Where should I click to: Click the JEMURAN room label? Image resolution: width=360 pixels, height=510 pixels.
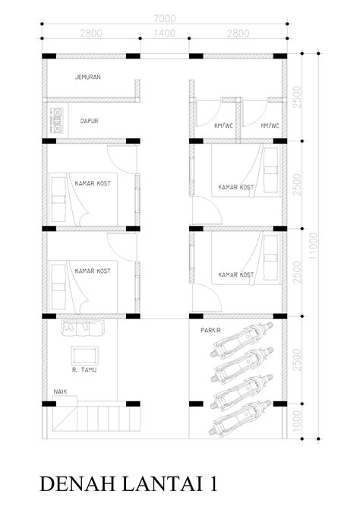click(x=88, y=78)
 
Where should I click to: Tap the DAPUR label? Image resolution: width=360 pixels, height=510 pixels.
click(x=88, y=120)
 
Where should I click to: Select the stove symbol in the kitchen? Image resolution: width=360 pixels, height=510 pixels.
click(x=56, y=120)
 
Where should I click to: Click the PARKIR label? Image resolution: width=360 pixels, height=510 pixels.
click(x=211, y=331)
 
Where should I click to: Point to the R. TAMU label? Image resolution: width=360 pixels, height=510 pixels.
click(x=84, y=370)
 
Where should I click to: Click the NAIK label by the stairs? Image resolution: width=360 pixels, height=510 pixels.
click(x=60, y=391)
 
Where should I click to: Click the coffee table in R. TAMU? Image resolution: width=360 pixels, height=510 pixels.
click(x=84, y=353)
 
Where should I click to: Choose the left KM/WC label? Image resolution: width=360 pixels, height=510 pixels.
click(x=224, y=125)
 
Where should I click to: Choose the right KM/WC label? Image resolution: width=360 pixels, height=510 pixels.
click(x=270, y=125)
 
